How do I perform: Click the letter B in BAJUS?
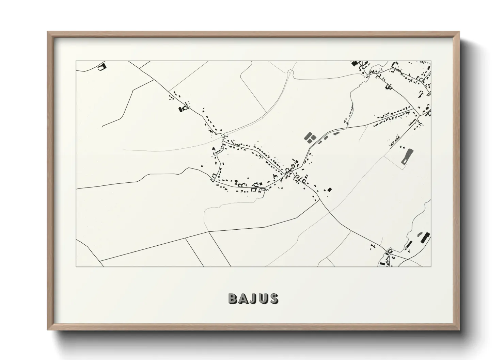(x=233, y=298)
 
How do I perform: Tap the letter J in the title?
(x=253, y=298)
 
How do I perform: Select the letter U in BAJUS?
(x=263, y=298)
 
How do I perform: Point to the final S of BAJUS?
(x=273, y=298)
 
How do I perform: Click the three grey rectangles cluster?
(x=310, y=137)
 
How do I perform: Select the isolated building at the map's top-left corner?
(x=101, y=67)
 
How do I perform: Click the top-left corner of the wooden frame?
(x=48, y=32)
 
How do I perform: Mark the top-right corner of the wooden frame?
(x=459, y=32)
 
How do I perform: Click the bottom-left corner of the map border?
(x=76, y=266)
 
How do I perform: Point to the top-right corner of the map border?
(x=431, y=61)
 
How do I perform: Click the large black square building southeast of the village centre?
(x=329, y=190)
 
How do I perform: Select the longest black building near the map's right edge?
(x=425, y=238)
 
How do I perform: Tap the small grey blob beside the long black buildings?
(x=419, y=234)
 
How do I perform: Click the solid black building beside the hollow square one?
(x=181, y=109)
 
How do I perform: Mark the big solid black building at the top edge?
(x=355, y=63)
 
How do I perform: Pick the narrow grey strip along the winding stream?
(x=351, y=111)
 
